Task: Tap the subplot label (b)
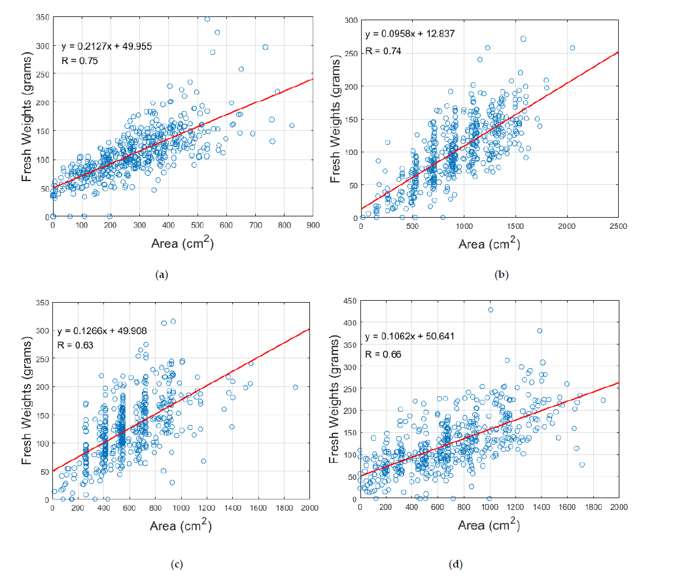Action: point(502,275)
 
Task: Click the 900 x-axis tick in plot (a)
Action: point(313,226)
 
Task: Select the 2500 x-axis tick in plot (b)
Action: point(617,226)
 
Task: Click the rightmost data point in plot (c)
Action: point(296,387)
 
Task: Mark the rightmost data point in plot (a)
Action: point(292,126)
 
